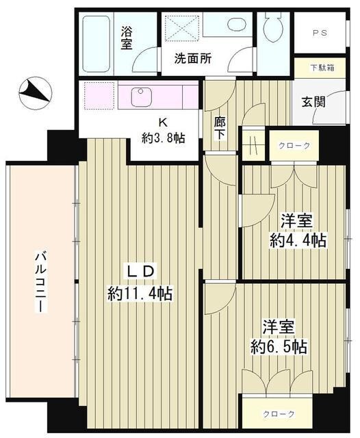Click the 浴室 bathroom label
127,37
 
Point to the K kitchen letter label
162,123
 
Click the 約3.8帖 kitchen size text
163,137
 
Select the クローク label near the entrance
294,146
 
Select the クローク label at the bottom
279,414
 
